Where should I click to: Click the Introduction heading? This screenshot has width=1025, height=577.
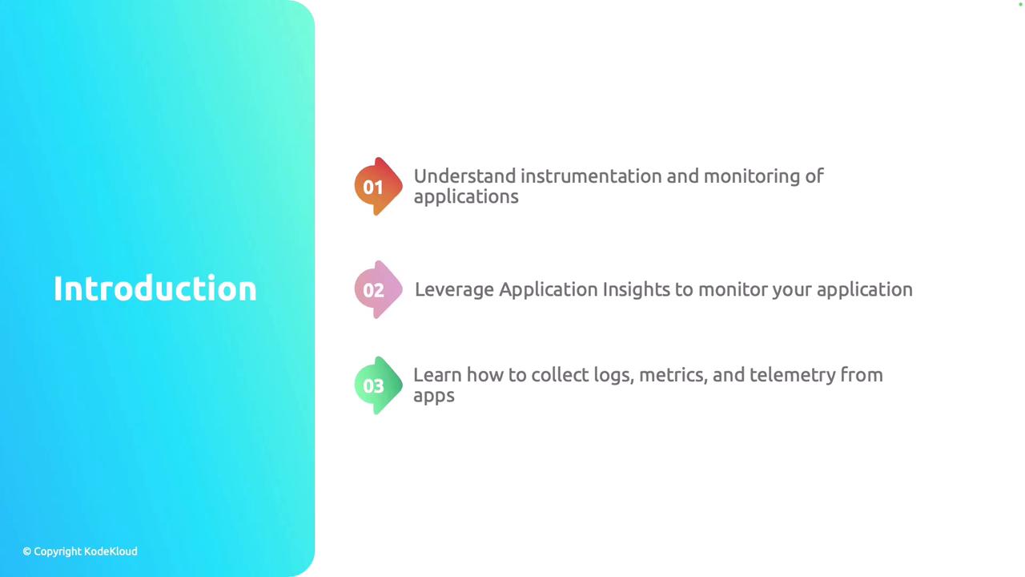tap(155, 288)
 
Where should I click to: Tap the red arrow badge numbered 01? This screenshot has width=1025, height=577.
tap(379, 187)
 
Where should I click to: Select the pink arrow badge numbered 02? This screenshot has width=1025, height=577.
tap(379, 289)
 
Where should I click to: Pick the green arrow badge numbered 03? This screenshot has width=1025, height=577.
tap(379, 385)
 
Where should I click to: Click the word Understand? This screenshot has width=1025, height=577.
tap(465, 176)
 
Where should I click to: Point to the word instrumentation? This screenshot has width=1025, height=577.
tap(591, 176)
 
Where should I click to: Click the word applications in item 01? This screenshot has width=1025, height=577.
tap(466, 197)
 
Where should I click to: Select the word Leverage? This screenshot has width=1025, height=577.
tap(454, 290)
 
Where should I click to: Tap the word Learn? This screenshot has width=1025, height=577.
tap(437, 375)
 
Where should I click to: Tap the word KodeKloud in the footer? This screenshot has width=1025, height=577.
tap(111, 551)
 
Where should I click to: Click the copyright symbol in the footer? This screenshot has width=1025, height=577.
tap(27, 551)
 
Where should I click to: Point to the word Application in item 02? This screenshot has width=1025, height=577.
tap(549, 290)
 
